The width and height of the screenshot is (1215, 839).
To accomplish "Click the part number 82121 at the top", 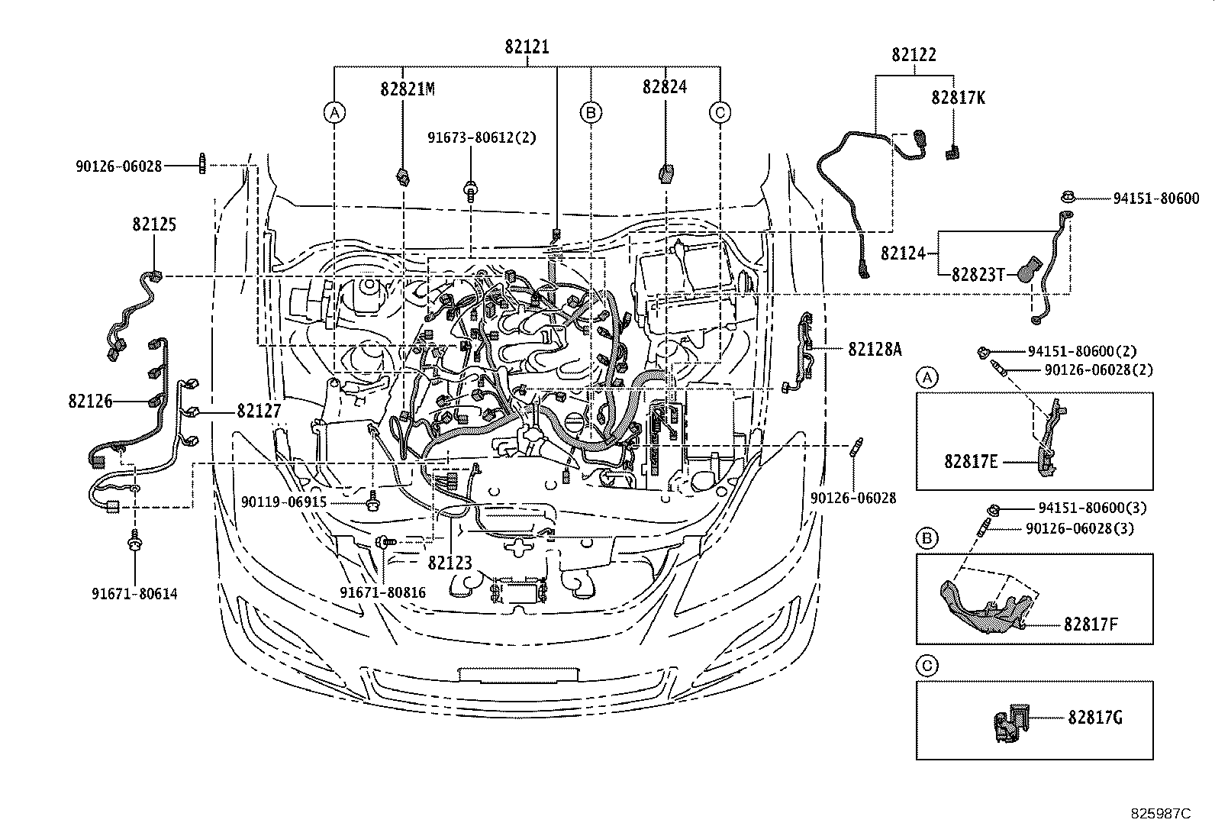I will tap(527, 47).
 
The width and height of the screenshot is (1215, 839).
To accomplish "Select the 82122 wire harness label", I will tap(914, 55).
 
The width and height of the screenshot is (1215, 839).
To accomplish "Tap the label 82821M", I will tap(408, 89).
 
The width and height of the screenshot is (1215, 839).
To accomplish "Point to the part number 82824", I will tap(664, 87).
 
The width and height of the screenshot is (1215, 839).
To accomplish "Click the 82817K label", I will tap(958, 98).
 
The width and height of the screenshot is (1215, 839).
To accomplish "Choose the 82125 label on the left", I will tap(154, 224).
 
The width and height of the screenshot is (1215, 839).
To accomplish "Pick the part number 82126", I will tap(90, 401).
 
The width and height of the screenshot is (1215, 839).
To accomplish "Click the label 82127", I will tap(259, 411).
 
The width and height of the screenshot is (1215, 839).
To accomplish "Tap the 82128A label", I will tap(875, 349).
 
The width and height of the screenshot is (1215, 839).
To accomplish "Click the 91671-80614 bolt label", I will tap(134, 593).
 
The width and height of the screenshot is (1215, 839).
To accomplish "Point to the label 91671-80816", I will tap(382, 593).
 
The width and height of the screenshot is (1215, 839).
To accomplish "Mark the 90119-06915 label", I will tap(283, 502).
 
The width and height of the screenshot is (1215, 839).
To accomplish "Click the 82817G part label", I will tap(1095, 717).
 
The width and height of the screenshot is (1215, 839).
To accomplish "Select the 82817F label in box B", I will tap(1091, 624).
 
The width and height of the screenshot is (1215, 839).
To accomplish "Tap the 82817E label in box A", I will tap(971, 462).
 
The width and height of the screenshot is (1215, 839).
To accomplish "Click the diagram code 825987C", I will tap(1160, 814).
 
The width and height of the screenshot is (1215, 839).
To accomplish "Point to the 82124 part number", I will tap(903, 253).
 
